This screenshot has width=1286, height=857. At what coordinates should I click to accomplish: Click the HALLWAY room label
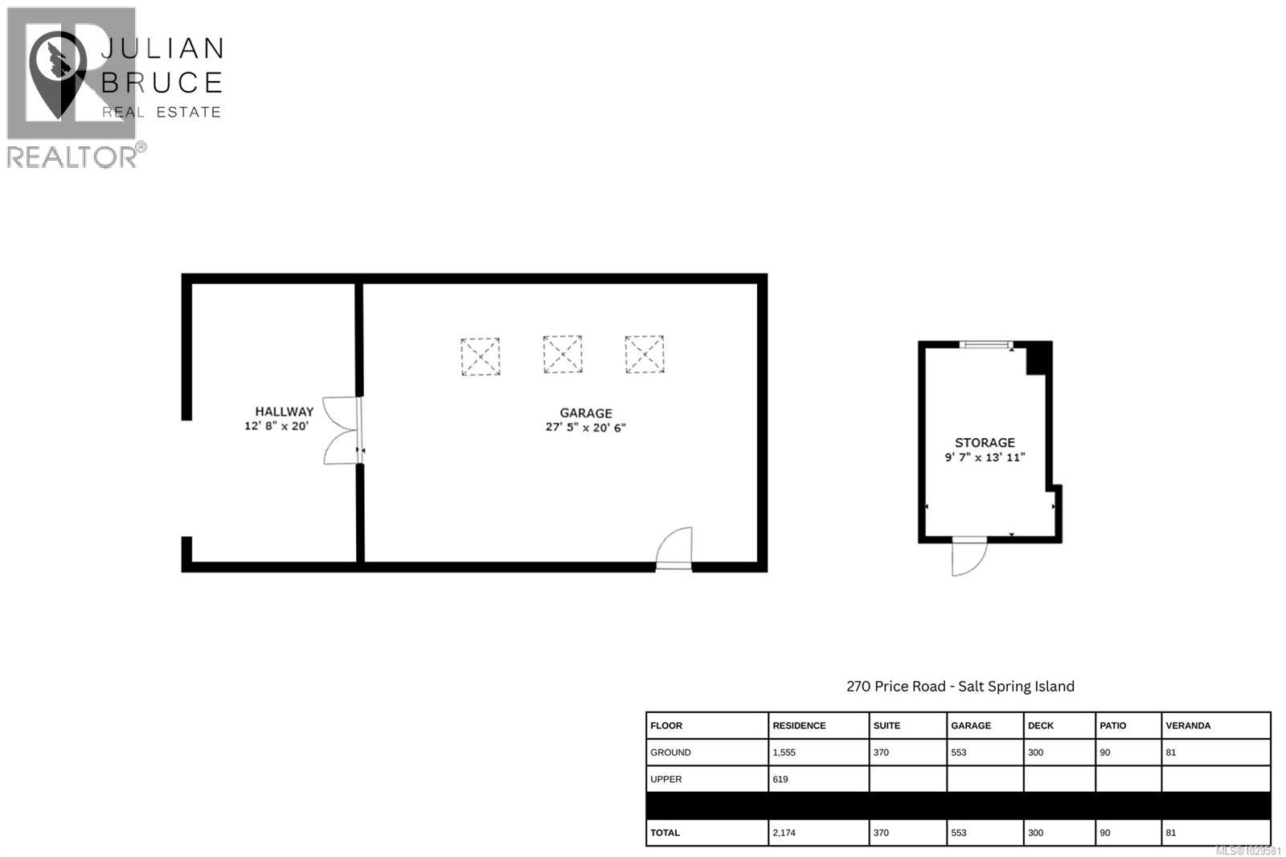click(284, 412)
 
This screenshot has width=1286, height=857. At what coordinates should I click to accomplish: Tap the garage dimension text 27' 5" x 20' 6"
click(585, 428)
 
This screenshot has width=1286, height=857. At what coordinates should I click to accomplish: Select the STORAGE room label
click(985, 442)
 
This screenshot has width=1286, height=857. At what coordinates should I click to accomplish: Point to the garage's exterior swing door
click(674, 550)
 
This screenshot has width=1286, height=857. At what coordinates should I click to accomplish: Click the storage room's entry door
click(969, 556)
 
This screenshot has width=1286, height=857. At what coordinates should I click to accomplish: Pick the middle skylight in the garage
click(563, 355)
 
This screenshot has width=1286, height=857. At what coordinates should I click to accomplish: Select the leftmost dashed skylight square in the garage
click(480, 356)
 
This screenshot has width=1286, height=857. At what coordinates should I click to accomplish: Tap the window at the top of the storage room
click(985, 345)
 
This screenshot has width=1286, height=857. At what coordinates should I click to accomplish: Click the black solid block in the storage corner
click(1038, 358)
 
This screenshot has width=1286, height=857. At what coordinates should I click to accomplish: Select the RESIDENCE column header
click(799, 725)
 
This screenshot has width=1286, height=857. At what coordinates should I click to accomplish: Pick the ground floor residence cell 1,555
click(784, 752)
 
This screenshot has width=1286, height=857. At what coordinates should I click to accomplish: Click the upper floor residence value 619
click(780, 779)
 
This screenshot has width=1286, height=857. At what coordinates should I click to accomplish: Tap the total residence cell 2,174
click(784, 833)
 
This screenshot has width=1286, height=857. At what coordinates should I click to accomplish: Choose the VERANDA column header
click(1187, 725)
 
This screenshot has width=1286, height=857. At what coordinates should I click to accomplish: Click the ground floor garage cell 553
click(958, 752)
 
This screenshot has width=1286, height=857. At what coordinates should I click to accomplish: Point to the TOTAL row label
click(665, 833)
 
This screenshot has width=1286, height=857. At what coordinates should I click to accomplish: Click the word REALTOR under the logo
click(72, 157)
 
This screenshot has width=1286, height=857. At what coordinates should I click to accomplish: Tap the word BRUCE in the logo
click(162, 83)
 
